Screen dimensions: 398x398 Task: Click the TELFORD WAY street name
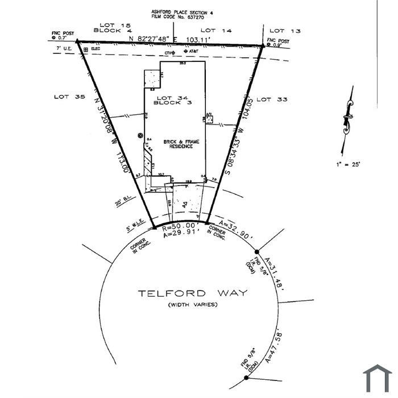[193, 293]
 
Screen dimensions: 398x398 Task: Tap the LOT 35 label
[69, 97]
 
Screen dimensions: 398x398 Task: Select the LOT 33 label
[272, 100]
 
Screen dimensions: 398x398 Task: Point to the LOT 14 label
[217, 30]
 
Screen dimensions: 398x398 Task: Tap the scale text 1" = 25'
[348, 164]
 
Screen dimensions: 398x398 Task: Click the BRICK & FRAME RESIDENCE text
[178, 143]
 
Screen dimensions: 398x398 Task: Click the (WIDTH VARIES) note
[192, 305]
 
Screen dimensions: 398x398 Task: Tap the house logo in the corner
[378, 379]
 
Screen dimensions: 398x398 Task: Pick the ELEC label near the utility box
[96, 49]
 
